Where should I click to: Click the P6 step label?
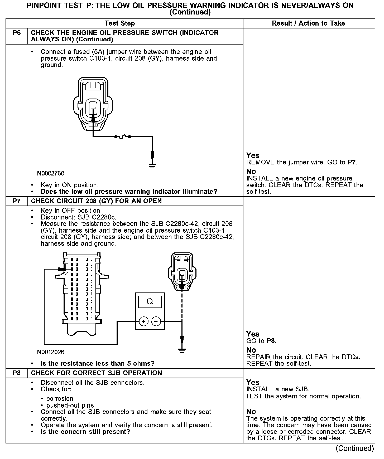[x=17, y=33]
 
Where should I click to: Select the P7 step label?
[x=17, y=201]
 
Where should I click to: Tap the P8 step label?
[x=17, y=373]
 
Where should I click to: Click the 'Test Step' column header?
[x=120, y=23]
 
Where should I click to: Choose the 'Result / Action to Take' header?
[x=308, y=23]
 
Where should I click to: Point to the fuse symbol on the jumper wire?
[x=123, y=137]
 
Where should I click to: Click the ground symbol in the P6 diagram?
[x=152, y=166]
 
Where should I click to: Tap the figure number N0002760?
[x=51, y=174]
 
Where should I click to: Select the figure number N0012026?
[x=51, y=352]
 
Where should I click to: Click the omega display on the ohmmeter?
[x=150, y=302]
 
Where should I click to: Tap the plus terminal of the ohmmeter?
[x=143, y=321]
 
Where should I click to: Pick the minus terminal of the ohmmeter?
[x=156, y=321]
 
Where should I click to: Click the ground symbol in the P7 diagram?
[x=182, y=350]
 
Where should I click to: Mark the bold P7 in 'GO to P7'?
[x=352, y=162]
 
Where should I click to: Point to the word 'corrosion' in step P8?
[x=60, y=399]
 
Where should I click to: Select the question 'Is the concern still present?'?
[x=85, y=432]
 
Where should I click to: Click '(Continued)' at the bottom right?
[x=354, y=448]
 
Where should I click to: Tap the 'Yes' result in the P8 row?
[x=253, y=382]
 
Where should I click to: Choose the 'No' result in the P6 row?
[x=251, y=172]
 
